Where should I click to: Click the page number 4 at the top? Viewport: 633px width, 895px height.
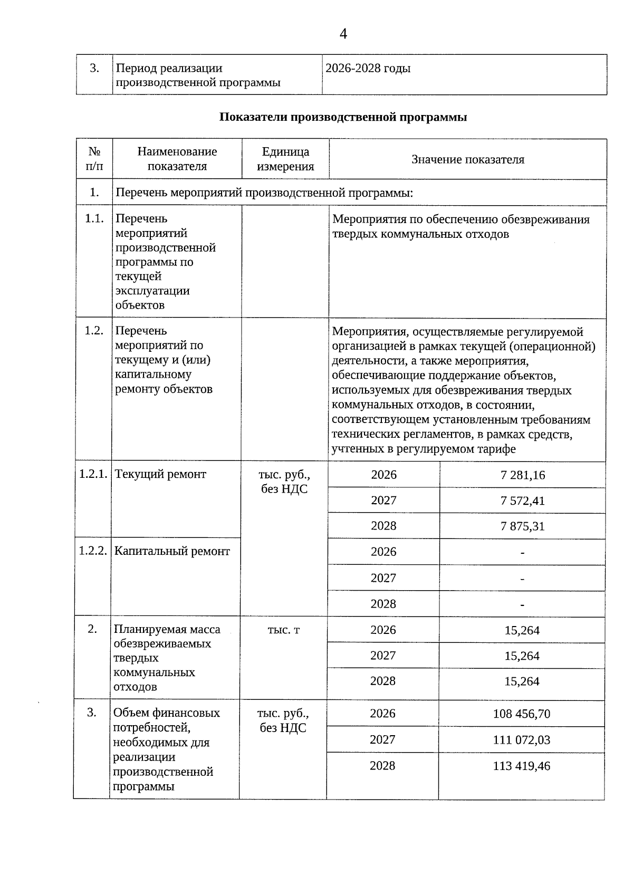click(343, 34)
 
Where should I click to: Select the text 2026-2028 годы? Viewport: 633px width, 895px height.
click(368, 69)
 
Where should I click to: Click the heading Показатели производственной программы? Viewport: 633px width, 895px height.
click(343, 117)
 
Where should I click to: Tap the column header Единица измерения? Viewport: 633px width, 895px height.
click(285, 159)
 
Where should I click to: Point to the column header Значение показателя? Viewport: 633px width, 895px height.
click(468, 160)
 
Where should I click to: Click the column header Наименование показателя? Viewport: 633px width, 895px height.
click(177, 159)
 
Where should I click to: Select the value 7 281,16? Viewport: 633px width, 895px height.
click(522, 475)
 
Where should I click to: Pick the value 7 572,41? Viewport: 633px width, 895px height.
click(522, 501)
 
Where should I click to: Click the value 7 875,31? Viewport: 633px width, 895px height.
click(522, 526)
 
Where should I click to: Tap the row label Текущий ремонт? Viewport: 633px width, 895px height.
click(160, 474)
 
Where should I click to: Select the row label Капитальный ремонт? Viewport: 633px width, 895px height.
click(172, 552)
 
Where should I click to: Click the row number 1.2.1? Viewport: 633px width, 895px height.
click(93, 474)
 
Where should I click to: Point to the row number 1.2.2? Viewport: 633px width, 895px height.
click(93, 552)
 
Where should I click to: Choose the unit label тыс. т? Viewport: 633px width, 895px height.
click(284, 630)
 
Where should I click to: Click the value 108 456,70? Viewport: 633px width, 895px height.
click(521, 714)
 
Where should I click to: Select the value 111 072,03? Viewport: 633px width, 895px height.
click(521, 740)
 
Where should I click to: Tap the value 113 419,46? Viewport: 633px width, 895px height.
click(521, 766)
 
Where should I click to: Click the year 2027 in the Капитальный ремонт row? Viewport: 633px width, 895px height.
click(383, 578)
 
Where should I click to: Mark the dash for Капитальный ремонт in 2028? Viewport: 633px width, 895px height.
click(522, 605)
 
